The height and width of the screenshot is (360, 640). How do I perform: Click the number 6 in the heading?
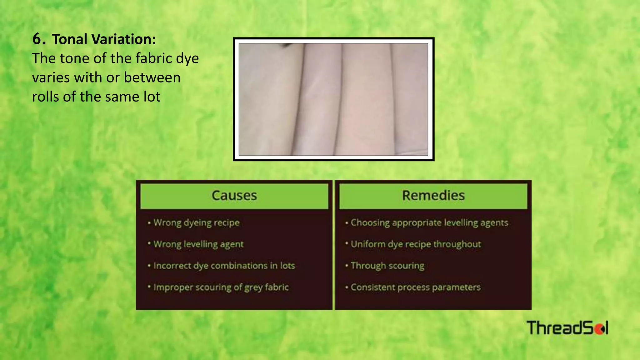pos(37,39)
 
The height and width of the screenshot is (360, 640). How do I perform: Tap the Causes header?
pos(234,196)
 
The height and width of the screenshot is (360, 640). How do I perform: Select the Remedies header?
pos(433,196)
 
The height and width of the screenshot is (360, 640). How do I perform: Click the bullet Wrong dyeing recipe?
pos(196,223)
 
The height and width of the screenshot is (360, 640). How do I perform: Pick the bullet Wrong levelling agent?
pos(198,244)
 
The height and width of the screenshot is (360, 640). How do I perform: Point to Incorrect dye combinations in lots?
pos(224,266)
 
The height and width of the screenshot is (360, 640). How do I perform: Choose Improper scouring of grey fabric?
pos(221,287)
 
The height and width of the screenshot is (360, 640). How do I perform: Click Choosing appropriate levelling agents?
pos(429,223)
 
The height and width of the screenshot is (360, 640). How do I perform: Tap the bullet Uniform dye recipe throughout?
pos(416,244)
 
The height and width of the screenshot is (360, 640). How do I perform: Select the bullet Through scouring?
pos(387,266)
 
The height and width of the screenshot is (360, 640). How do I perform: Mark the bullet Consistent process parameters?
pos(415,287)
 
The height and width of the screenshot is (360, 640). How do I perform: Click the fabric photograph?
pos(333,99)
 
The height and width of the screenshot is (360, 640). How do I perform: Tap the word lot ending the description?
pos(152,97)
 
